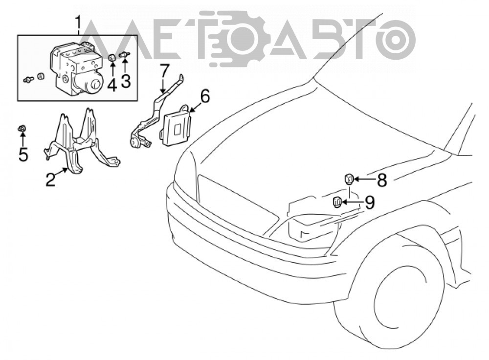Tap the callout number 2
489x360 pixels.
[x=51, y=180]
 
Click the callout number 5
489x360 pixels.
[x=23, y=154]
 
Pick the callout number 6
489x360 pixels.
[x=204, y=96]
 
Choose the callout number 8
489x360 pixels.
[x=381, y=180]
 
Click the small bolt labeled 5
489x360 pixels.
[x=22, y=128]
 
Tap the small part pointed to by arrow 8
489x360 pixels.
[x=349, y=179]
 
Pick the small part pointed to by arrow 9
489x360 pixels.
[x=336, y=202]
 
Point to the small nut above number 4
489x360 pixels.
[x=112, y=57]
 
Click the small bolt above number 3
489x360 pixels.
[x=125, y=55]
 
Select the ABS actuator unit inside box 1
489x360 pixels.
[x=77, y=68]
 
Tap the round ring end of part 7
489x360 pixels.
[x=135, y=143]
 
